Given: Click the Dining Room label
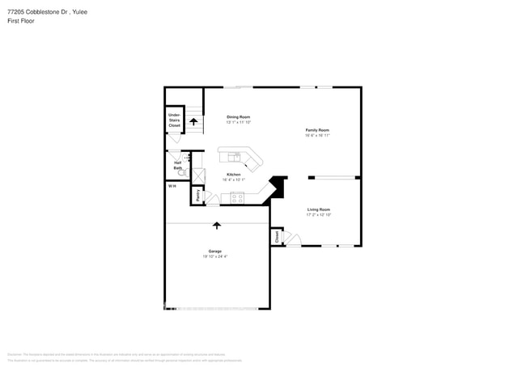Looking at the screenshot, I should (238, 117).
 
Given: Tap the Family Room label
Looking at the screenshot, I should (316, 130).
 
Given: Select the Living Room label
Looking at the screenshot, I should (318, 209).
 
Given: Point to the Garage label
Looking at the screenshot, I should (215, 251).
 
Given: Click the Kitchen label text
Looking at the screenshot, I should (233, 175).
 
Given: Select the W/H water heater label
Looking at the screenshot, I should (172, 186).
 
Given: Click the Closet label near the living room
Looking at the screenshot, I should (276, 237).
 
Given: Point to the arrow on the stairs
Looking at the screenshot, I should (193, 121).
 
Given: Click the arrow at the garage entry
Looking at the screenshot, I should (217, 226).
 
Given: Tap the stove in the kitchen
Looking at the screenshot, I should (237, 197).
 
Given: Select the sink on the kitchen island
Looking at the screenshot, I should (235, 156).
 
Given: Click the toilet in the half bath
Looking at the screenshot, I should (182, 172).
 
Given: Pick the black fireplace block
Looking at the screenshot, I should (278, 186).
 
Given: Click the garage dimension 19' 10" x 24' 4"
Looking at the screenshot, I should (215, 256).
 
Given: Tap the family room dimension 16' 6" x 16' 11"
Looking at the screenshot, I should (316, 135).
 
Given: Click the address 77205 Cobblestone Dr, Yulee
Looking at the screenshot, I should (47, 12).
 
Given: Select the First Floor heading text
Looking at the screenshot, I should (22, 20).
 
